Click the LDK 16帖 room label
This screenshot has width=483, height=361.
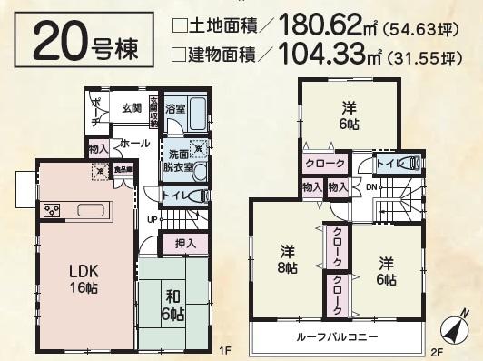coord(85,277)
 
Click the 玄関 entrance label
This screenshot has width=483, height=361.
coord(132,108)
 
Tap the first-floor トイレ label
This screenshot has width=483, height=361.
coord(174,195)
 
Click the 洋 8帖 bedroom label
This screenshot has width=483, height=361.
coord(287,258)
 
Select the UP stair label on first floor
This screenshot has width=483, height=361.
coord(153,219)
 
